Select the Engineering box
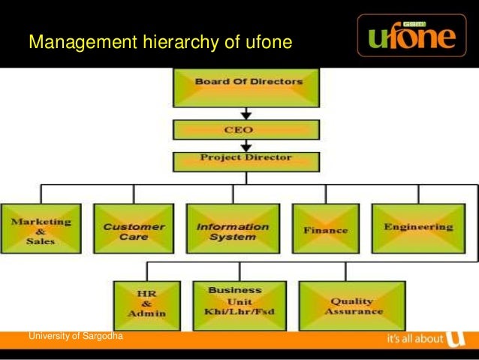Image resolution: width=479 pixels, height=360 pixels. tap(418, 228)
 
